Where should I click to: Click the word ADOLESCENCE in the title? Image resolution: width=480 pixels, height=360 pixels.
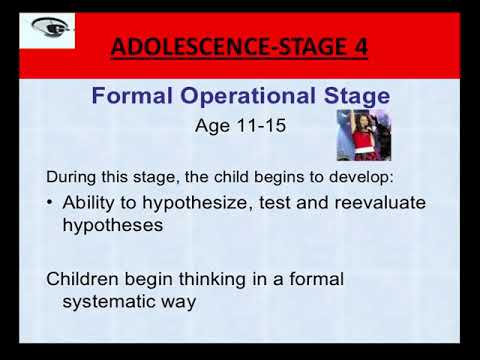click(x=178, y=47)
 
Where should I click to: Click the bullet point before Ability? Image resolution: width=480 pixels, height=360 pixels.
click(x=51, y=203)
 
